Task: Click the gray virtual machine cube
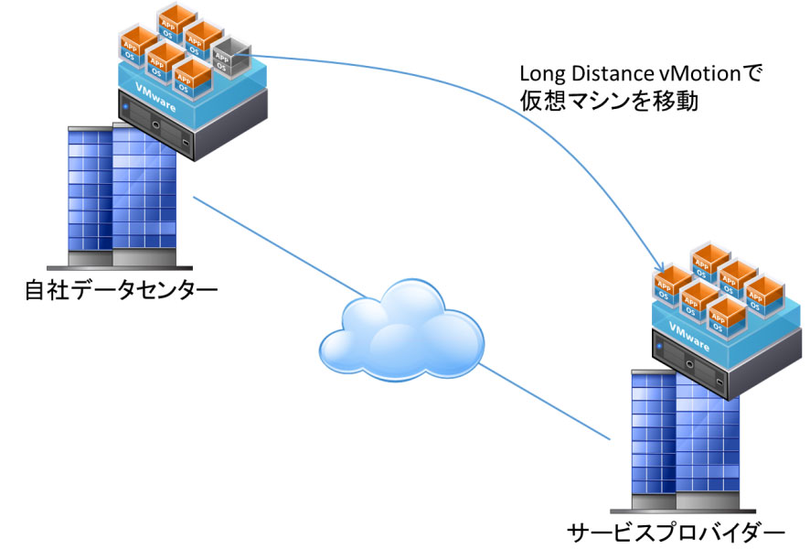coord(231,57)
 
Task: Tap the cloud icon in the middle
coord(402,331)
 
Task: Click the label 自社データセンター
coord(121,291)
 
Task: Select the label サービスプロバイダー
coord(676,532)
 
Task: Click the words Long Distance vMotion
coord(630,73)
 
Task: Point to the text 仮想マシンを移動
coord(609,101)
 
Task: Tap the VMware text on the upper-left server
coord(155,97)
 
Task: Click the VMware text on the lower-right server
coord(689,336)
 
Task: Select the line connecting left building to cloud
coord(280,247)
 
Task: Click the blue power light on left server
coord(125,106)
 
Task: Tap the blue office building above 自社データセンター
coord(121,197)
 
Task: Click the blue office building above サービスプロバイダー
coord(684,439)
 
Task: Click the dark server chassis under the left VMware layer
coord(192,124)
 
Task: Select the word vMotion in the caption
coord(700,73)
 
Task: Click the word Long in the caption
coord(542,74)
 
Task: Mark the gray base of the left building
coord(120,261)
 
